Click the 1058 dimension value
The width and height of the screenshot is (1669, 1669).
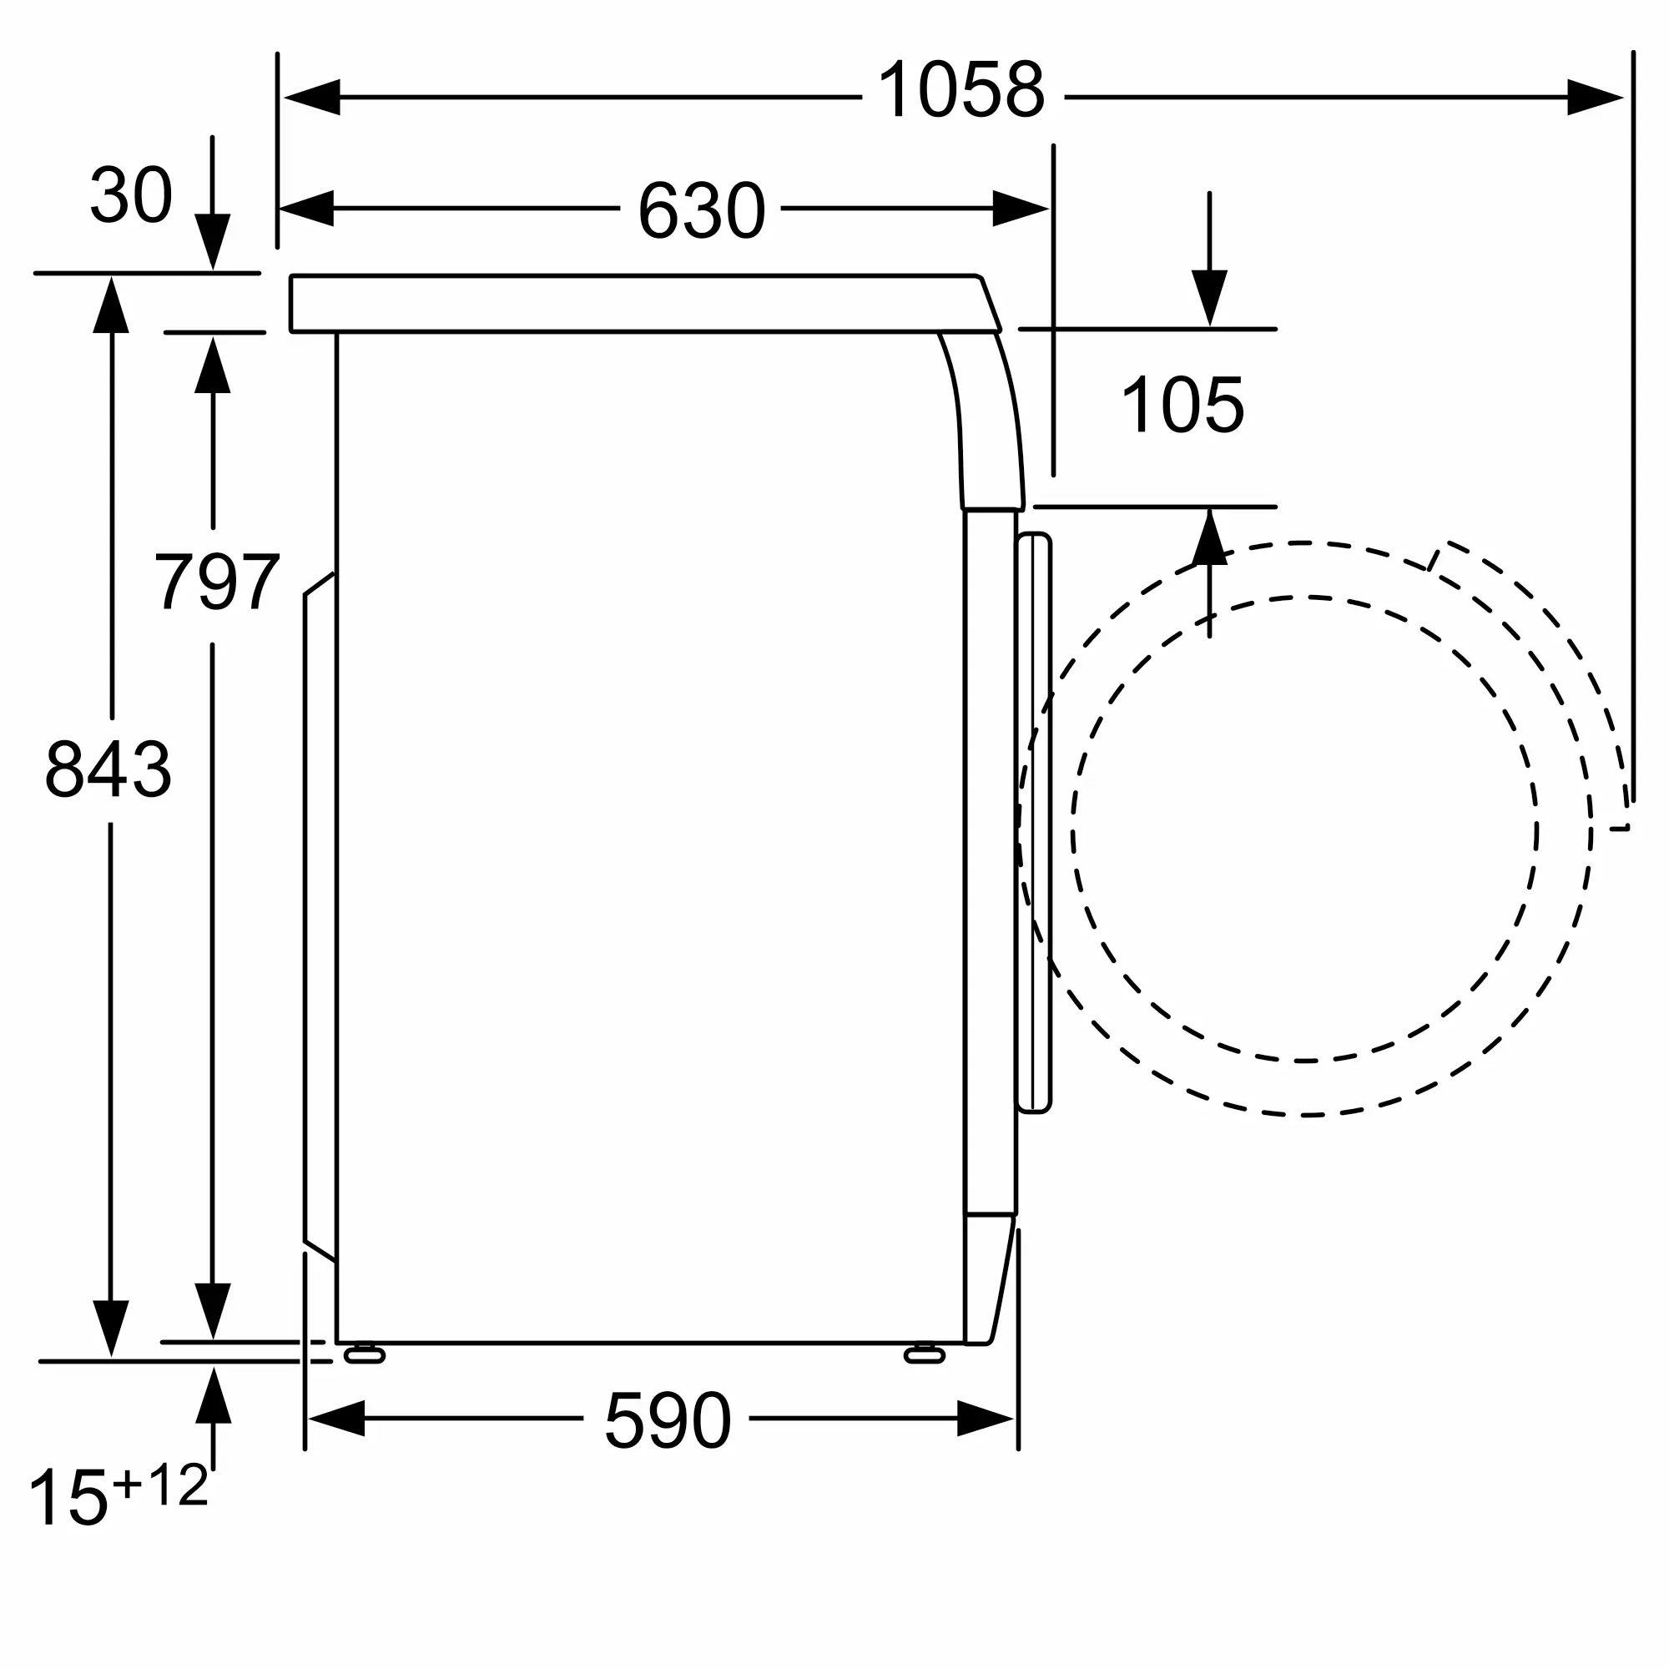[x=961, y=90]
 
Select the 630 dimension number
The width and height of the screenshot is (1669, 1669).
[x=701, y=210]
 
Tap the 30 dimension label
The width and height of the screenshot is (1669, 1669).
[x=131, y=195]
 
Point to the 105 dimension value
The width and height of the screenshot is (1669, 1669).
[x=1182, y=404]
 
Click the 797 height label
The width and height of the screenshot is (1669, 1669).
[x=217, y=582]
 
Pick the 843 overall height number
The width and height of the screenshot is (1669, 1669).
[x=108, y=769]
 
